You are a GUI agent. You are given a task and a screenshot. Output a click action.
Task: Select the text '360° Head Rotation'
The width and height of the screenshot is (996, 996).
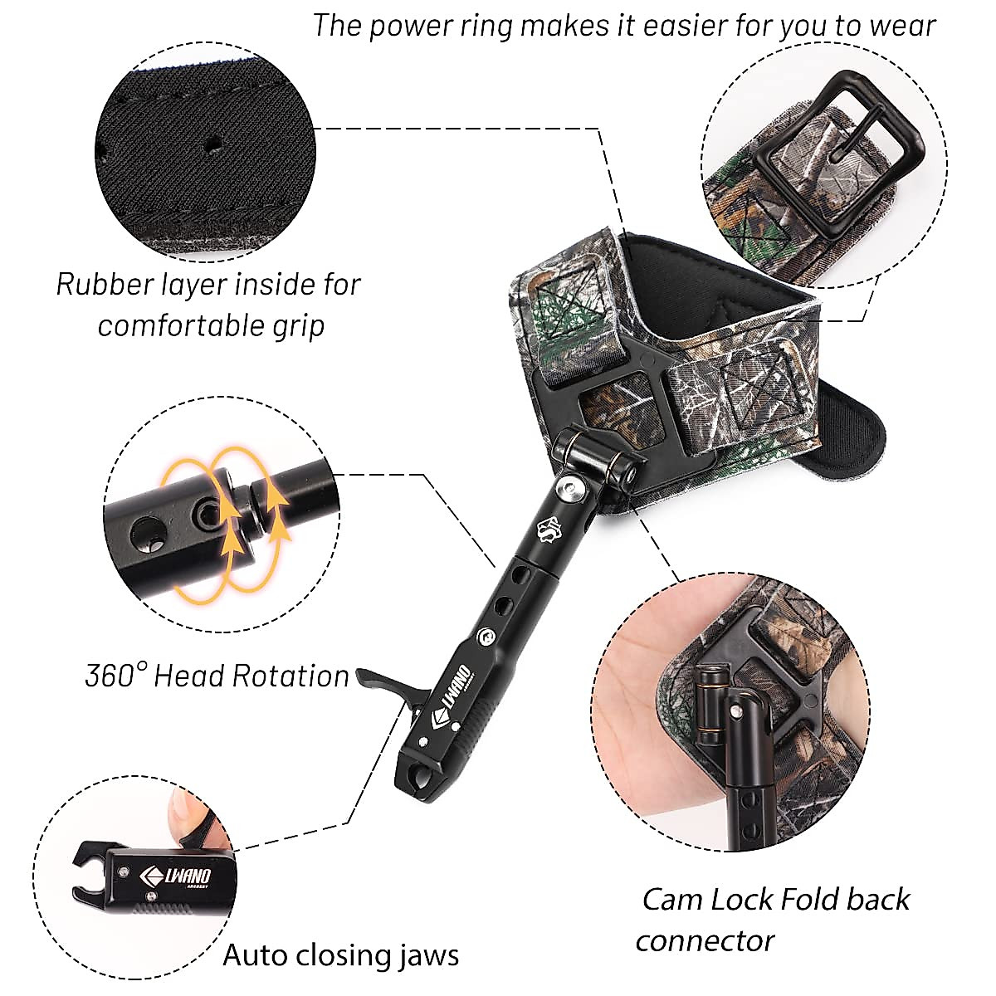(x=217, y=676)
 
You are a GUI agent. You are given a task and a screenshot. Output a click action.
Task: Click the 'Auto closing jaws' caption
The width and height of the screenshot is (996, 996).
(x=340, y=954)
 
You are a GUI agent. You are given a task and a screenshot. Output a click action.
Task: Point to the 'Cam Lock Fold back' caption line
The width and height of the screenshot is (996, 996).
(x=776, y=899)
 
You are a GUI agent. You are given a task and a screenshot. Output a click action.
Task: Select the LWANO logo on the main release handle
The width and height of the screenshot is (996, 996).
(x=452, y=688)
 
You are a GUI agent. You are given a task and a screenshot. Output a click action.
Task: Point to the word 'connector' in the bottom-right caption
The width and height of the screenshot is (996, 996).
(x=705, y=940)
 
